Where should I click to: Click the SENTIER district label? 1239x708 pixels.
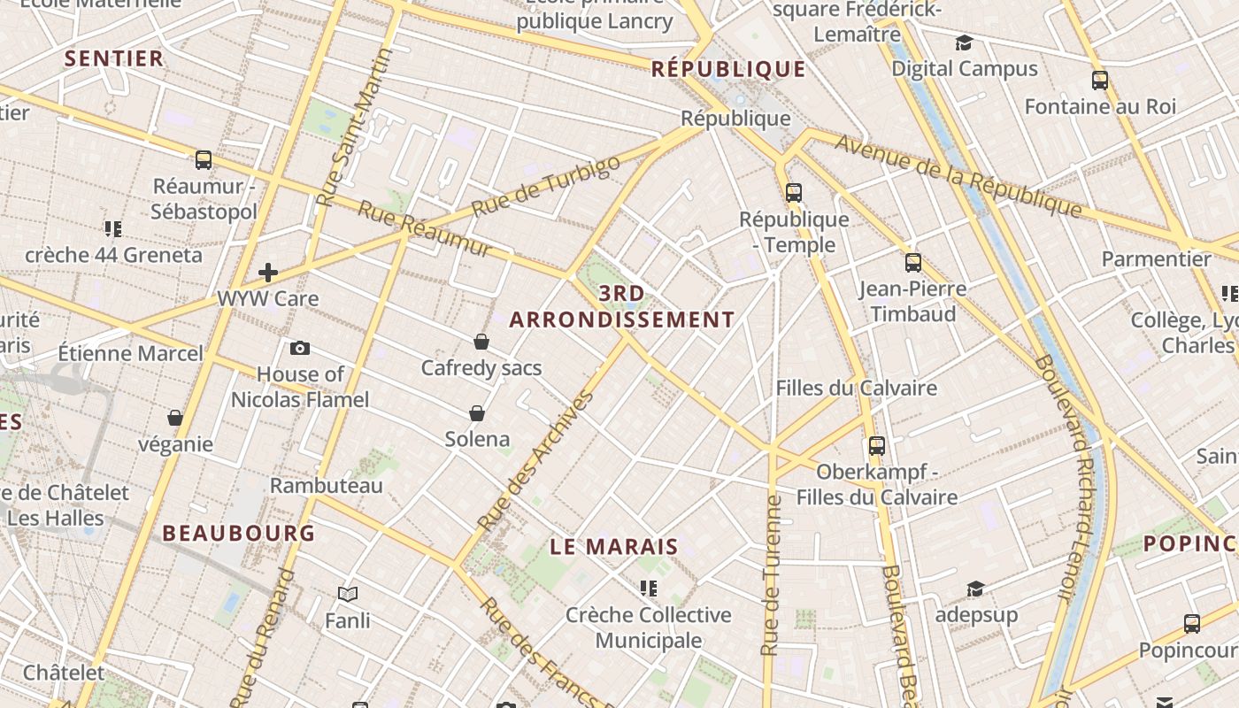pyautogui.click(x=114, y=58)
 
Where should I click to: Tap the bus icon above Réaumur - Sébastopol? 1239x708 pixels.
pyautogui.click(x=204, y=160)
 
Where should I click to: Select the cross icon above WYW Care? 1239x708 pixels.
pyautogui.click(x=267, y=273)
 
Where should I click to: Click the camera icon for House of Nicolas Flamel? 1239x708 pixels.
pyautogui.click(x=300, y=349)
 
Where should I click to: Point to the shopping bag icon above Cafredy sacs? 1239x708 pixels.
pyautogui.click(x=481, y=342)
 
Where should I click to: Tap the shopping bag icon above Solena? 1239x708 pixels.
pyautogui.click(x=477, y=413)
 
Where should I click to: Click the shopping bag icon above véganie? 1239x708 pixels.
pyautogui.click(x=175, y=418)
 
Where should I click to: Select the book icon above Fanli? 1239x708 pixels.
pyautogui.click(x=348, y=594)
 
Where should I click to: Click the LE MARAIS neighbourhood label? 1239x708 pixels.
pyautogui.click(x=614, y=547)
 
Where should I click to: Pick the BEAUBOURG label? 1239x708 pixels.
pyautogui.click(x=239, y=533)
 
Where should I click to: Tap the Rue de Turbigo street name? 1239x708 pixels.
pyautogui.click(x=546, y=187)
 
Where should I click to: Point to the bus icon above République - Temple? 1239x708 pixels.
pyautogui.click(x=794, y=193)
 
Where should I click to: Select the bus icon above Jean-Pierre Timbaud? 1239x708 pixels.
pyautogui.click(x=913, y=263)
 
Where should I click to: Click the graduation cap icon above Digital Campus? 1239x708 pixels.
pyautogui.click(x=964, y=42)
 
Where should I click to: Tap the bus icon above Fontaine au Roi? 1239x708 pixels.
pyautogui.click(x=1100, y=81)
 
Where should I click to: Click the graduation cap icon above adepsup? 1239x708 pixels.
pyautogui.click(x=975, y=589)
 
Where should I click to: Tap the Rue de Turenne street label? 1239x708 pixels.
pyautogui.click(x=772, y=575)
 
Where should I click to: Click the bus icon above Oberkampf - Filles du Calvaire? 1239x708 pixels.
pyautogui.click(x=877, y=446)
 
